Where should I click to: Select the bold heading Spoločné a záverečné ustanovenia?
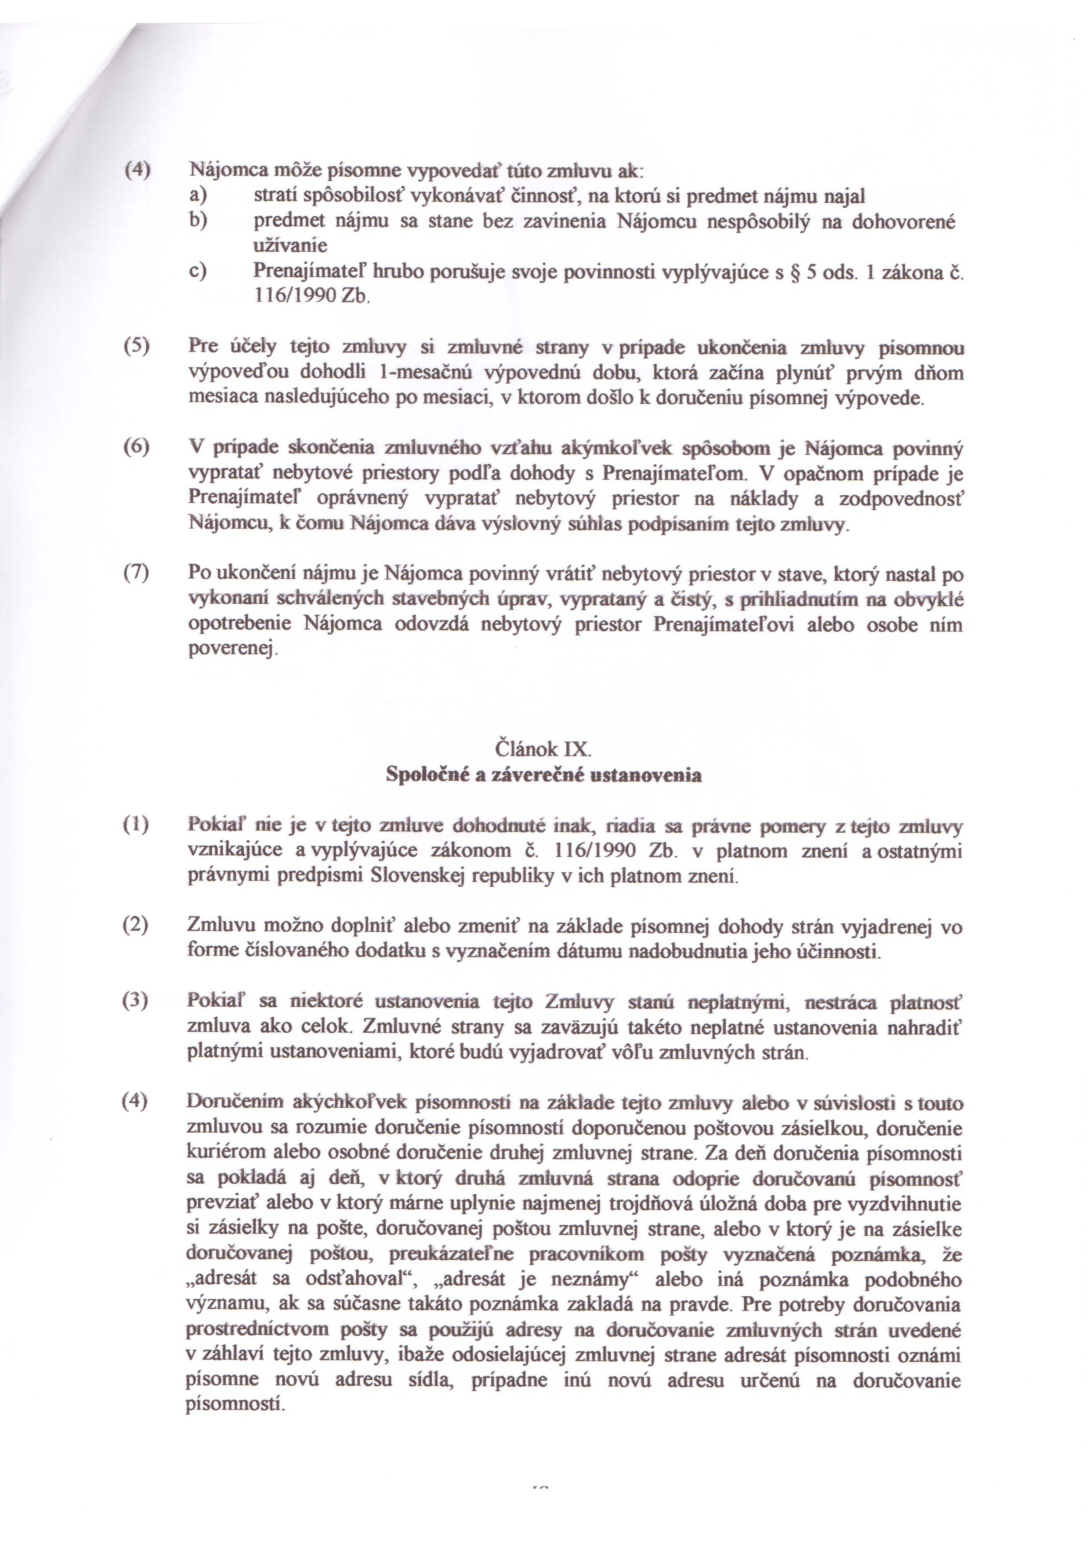[x=543, y=775]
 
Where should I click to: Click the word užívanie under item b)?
[x=290, y=246]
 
